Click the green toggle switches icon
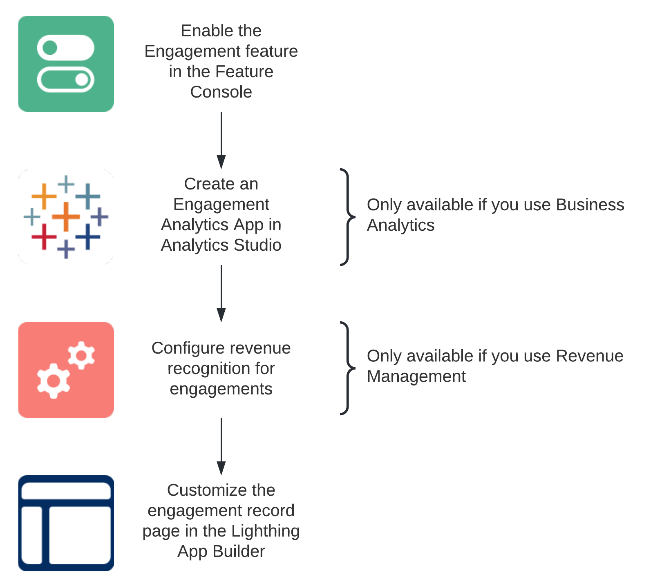[66, 64]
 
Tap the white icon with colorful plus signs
[66, 217]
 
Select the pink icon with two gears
[66, 370]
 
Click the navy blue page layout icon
[66, 523]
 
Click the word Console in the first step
[221, 92]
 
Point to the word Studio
[257, 245]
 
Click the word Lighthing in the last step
[266, 531]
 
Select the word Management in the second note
[416, 376]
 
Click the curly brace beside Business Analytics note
[347, 217]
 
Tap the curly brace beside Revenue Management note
[347, 368]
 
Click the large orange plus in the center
[66, 216]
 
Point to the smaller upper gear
[81, 355]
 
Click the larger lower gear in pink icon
[53, 381]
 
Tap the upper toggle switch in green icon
[66, 47]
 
